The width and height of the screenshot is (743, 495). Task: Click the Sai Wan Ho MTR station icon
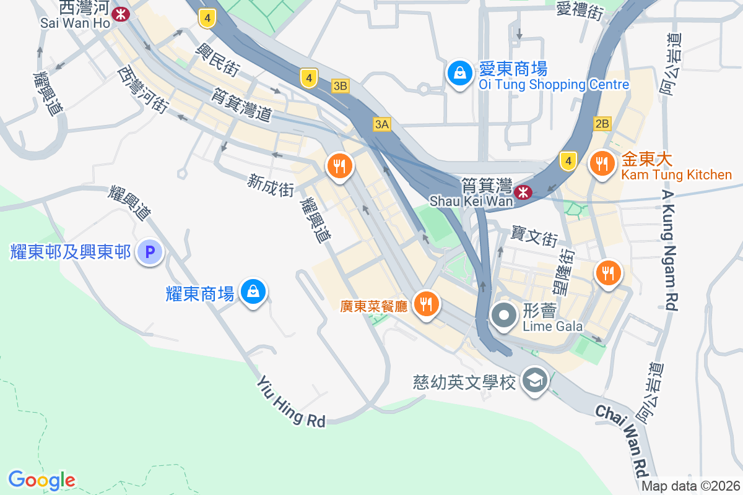[x=121, y=13]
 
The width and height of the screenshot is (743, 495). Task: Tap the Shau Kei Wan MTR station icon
[x=524, y=192]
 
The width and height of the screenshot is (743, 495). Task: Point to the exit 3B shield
[x=340, y=86]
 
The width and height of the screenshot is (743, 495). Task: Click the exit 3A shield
[x=382, y=124]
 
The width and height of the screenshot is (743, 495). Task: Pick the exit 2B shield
[x=602, y=123]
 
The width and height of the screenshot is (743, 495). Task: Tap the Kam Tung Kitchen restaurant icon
[x=601, y=165]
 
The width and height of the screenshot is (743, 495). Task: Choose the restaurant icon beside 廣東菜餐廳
[x=426, y=304]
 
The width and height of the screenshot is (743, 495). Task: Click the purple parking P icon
[x=149, y=252]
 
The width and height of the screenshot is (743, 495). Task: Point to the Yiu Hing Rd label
[x=292, y=402]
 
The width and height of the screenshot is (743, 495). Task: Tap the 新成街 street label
[x=271, y=185]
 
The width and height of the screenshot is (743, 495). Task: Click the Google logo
[x=41, y=480]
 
